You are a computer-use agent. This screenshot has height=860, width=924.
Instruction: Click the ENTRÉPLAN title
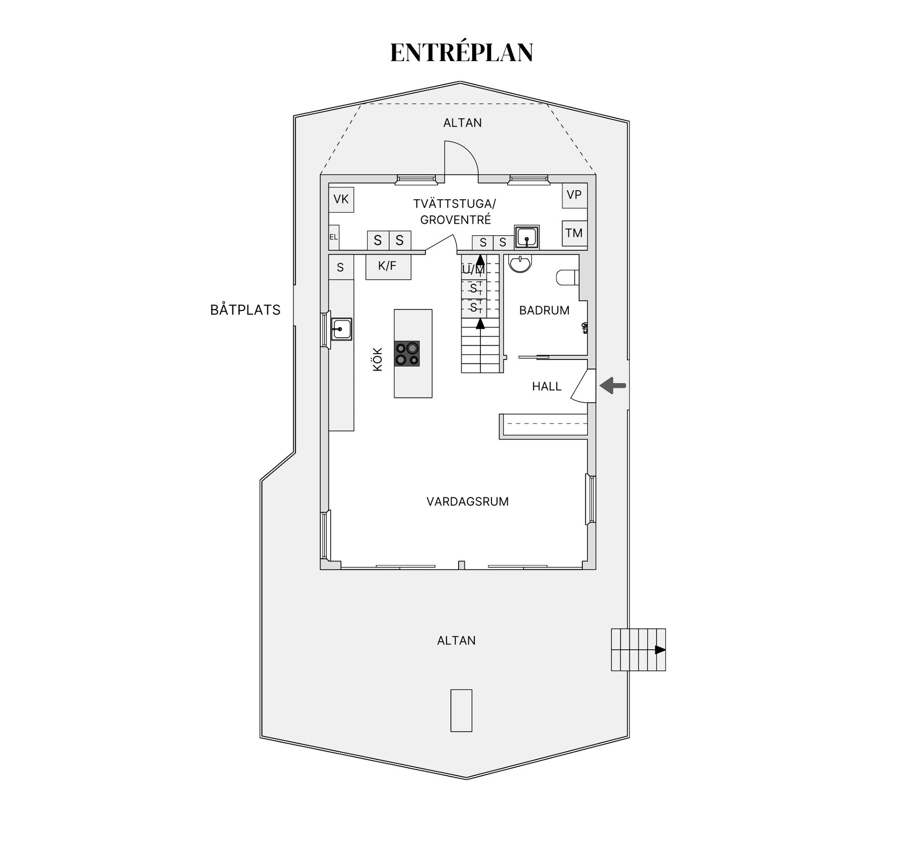click(462, 52)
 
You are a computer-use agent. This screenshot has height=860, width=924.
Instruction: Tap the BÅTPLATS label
click(245, 309)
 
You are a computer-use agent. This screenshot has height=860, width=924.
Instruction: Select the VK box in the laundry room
click(341, 199)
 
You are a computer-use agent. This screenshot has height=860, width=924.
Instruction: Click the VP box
click(575, 195)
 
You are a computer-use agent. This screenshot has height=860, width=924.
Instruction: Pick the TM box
click(575, 233)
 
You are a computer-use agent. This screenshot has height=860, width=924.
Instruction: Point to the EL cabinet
click(334, 237)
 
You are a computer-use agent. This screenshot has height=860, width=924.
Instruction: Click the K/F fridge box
click(388, 267)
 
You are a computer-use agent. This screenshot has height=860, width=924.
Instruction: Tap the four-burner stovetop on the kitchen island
click(407, 354)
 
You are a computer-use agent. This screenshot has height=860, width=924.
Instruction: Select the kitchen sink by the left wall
click(341, 329)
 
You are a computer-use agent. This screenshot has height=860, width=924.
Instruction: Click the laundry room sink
click(526, 237)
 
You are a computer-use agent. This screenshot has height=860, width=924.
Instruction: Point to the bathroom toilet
click(567, 278)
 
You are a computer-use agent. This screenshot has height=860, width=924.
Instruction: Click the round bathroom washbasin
click(520, 263)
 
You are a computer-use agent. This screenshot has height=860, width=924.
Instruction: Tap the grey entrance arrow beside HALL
click(613, 385)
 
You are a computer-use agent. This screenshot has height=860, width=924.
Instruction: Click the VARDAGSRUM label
click(467, 501)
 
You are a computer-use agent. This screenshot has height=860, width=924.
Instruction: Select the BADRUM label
click(544, 310)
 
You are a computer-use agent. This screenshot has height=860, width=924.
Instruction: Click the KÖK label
click(378, 359)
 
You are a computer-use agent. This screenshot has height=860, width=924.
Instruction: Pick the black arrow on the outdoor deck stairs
click(660, 650)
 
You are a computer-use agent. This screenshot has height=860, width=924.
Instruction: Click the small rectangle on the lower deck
click(461, 710)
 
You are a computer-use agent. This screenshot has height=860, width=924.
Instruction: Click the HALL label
click(547, 386)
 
